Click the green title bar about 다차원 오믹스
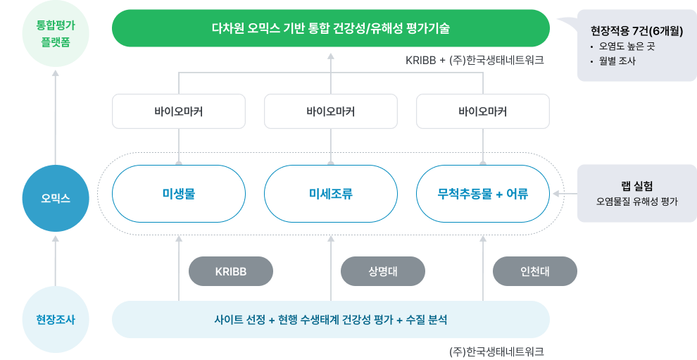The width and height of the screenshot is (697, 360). click(331, 29)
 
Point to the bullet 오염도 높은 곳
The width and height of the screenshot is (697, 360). click(627, 46)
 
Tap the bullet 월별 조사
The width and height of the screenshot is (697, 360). click(618, 61)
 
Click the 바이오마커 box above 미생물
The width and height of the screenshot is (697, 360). click(178, 111)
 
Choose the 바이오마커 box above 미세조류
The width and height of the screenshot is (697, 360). click(330, 111)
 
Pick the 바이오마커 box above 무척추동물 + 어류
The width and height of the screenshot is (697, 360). click(482, 111)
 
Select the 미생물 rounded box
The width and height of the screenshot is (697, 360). click(178, 194)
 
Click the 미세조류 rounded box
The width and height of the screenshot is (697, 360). click(330, 194)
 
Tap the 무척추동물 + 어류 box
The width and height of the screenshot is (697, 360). click(482, 194)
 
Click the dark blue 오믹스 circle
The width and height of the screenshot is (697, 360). click(55, 198)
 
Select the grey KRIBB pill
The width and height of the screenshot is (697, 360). click(231, 271)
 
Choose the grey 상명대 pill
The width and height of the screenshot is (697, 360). click(383, 271)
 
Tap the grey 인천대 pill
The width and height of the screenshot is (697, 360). click(535, 271)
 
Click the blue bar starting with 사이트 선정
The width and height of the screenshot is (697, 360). click(331, 320)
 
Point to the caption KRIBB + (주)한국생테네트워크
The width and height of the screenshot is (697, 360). click(475, 61)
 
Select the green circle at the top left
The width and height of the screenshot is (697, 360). click(55, 33)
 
